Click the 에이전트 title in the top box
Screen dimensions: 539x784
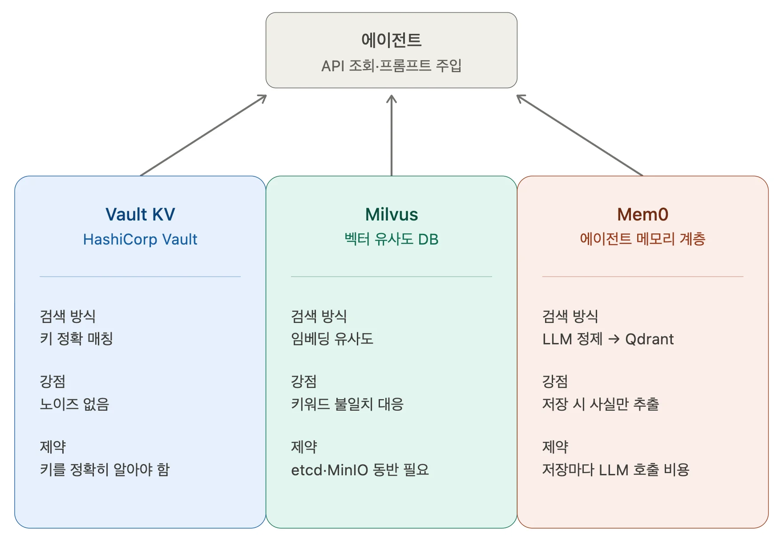click(391, 40)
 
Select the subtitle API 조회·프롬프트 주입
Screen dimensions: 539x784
click(391, 66)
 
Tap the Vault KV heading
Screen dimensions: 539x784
click(140, 214)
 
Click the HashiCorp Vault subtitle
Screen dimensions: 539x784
click(140, 239)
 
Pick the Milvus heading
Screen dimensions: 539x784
click(391, 214)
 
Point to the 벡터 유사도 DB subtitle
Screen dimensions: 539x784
click(391, 239)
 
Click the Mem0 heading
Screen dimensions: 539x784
click(643, 214)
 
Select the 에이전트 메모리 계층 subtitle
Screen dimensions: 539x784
click(643, 239)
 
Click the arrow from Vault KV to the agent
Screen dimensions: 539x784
click(203, 135)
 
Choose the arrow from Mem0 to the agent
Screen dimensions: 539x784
click(580, 135)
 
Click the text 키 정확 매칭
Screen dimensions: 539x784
click(76, 339)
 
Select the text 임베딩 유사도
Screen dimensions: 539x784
click(332, 339)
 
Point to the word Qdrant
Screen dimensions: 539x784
click(649, 339)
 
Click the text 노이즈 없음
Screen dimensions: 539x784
click(74, 404)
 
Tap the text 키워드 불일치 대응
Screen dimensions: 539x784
click(347, 404)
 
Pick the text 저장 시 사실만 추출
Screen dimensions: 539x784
click(600, 404)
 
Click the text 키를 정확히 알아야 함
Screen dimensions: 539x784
click(105, 470)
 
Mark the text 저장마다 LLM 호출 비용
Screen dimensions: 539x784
click(615, 470)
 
